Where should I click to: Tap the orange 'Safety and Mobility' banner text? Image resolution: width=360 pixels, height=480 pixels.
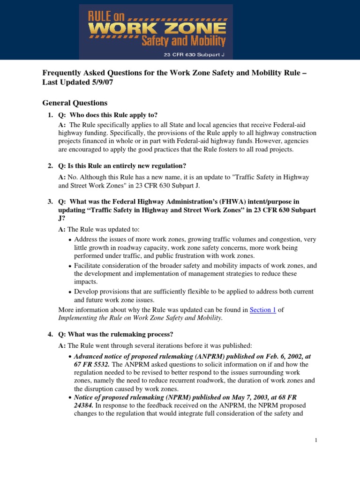click(x=183, y=41)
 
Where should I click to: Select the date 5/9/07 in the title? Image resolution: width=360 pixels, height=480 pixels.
click(x=101, y=82)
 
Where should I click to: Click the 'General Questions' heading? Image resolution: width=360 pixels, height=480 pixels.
click(x=75, y=103)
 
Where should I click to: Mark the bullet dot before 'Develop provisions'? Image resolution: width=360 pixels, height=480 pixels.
click(x=70, y=292)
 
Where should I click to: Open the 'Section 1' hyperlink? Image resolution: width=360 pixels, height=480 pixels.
click(x=263, y=310)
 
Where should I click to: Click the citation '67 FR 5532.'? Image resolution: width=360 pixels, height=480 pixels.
click(x=92, y=364)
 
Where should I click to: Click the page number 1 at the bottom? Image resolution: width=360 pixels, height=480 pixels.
click(x=316, y=440)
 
